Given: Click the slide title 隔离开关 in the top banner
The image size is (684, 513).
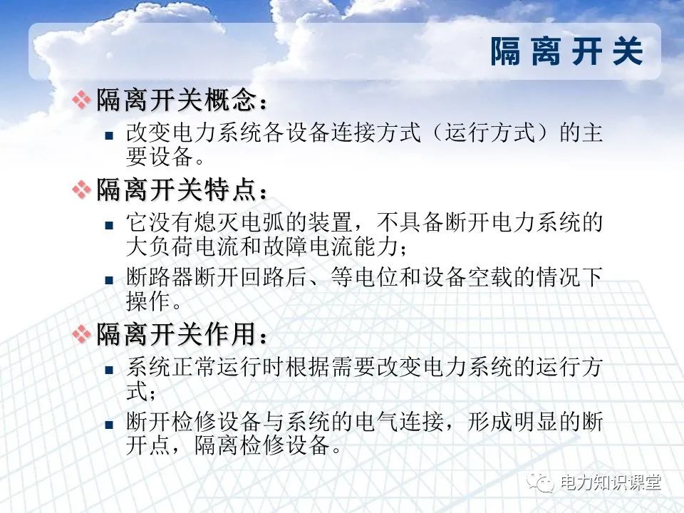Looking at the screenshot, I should click(566, 52).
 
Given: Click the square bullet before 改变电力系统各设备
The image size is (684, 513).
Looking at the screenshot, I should click(109, 133).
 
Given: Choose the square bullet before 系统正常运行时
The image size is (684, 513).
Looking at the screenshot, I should click(109, 369).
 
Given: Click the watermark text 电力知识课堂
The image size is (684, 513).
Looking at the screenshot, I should click(611, 482).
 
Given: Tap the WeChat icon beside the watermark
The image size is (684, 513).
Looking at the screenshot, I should click(543, 482).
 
